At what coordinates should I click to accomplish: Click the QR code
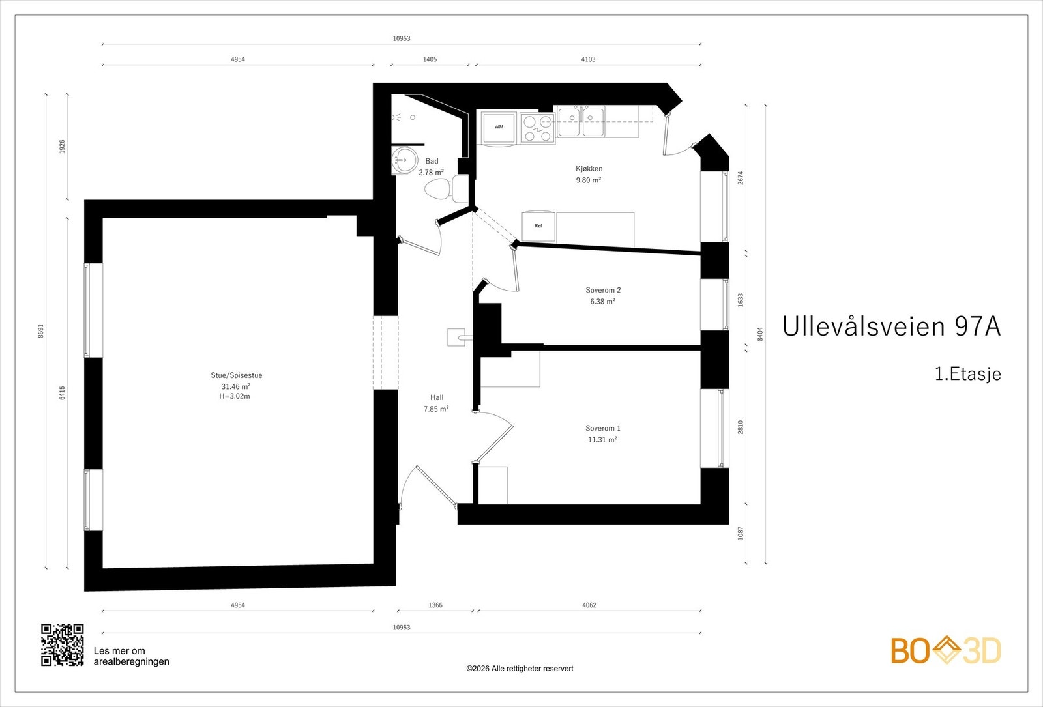click(x=63, y=644)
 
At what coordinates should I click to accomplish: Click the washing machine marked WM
click(x=499, y=128)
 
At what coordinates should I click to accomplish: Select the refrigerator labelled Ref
click(x=538, y=226)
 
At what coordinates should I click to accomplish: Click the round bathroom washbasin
click(x=404, y=160)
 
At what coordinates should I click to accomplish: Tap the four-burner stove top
click(x=537, y=128)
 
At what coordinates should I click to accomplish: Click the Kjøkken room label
click(x=589, y=169)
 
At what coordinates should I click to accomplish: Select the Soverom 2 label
click(x=603, y=290)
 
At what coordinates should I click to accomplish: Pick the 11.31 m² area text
click(x=602, y=439)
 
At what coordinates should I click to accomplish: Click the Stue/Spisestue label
click(x=237, y=375)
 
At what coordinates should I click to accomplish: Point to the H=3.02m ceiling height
click(x=235, y=397)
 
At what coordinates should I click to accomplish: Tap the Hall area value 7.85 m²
click(x=436, y=409)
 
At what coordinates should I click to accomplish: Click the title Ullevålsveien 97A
click(x=891, y=326)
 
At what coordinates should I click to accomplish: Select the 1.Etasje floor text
click(x=968, y=374)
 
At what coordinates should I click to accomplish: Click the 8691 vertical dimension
click(x=41, y=331)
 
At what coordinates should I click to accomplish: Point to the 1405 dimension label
click(x=430, y=59)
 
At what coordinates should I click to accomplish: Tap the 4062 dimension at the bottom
click(x=589, y=605)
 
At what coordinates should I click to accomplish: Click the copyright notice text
click(x=520, y=669)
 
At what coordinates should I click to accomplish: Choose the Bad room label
click(x=432, y=161)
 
